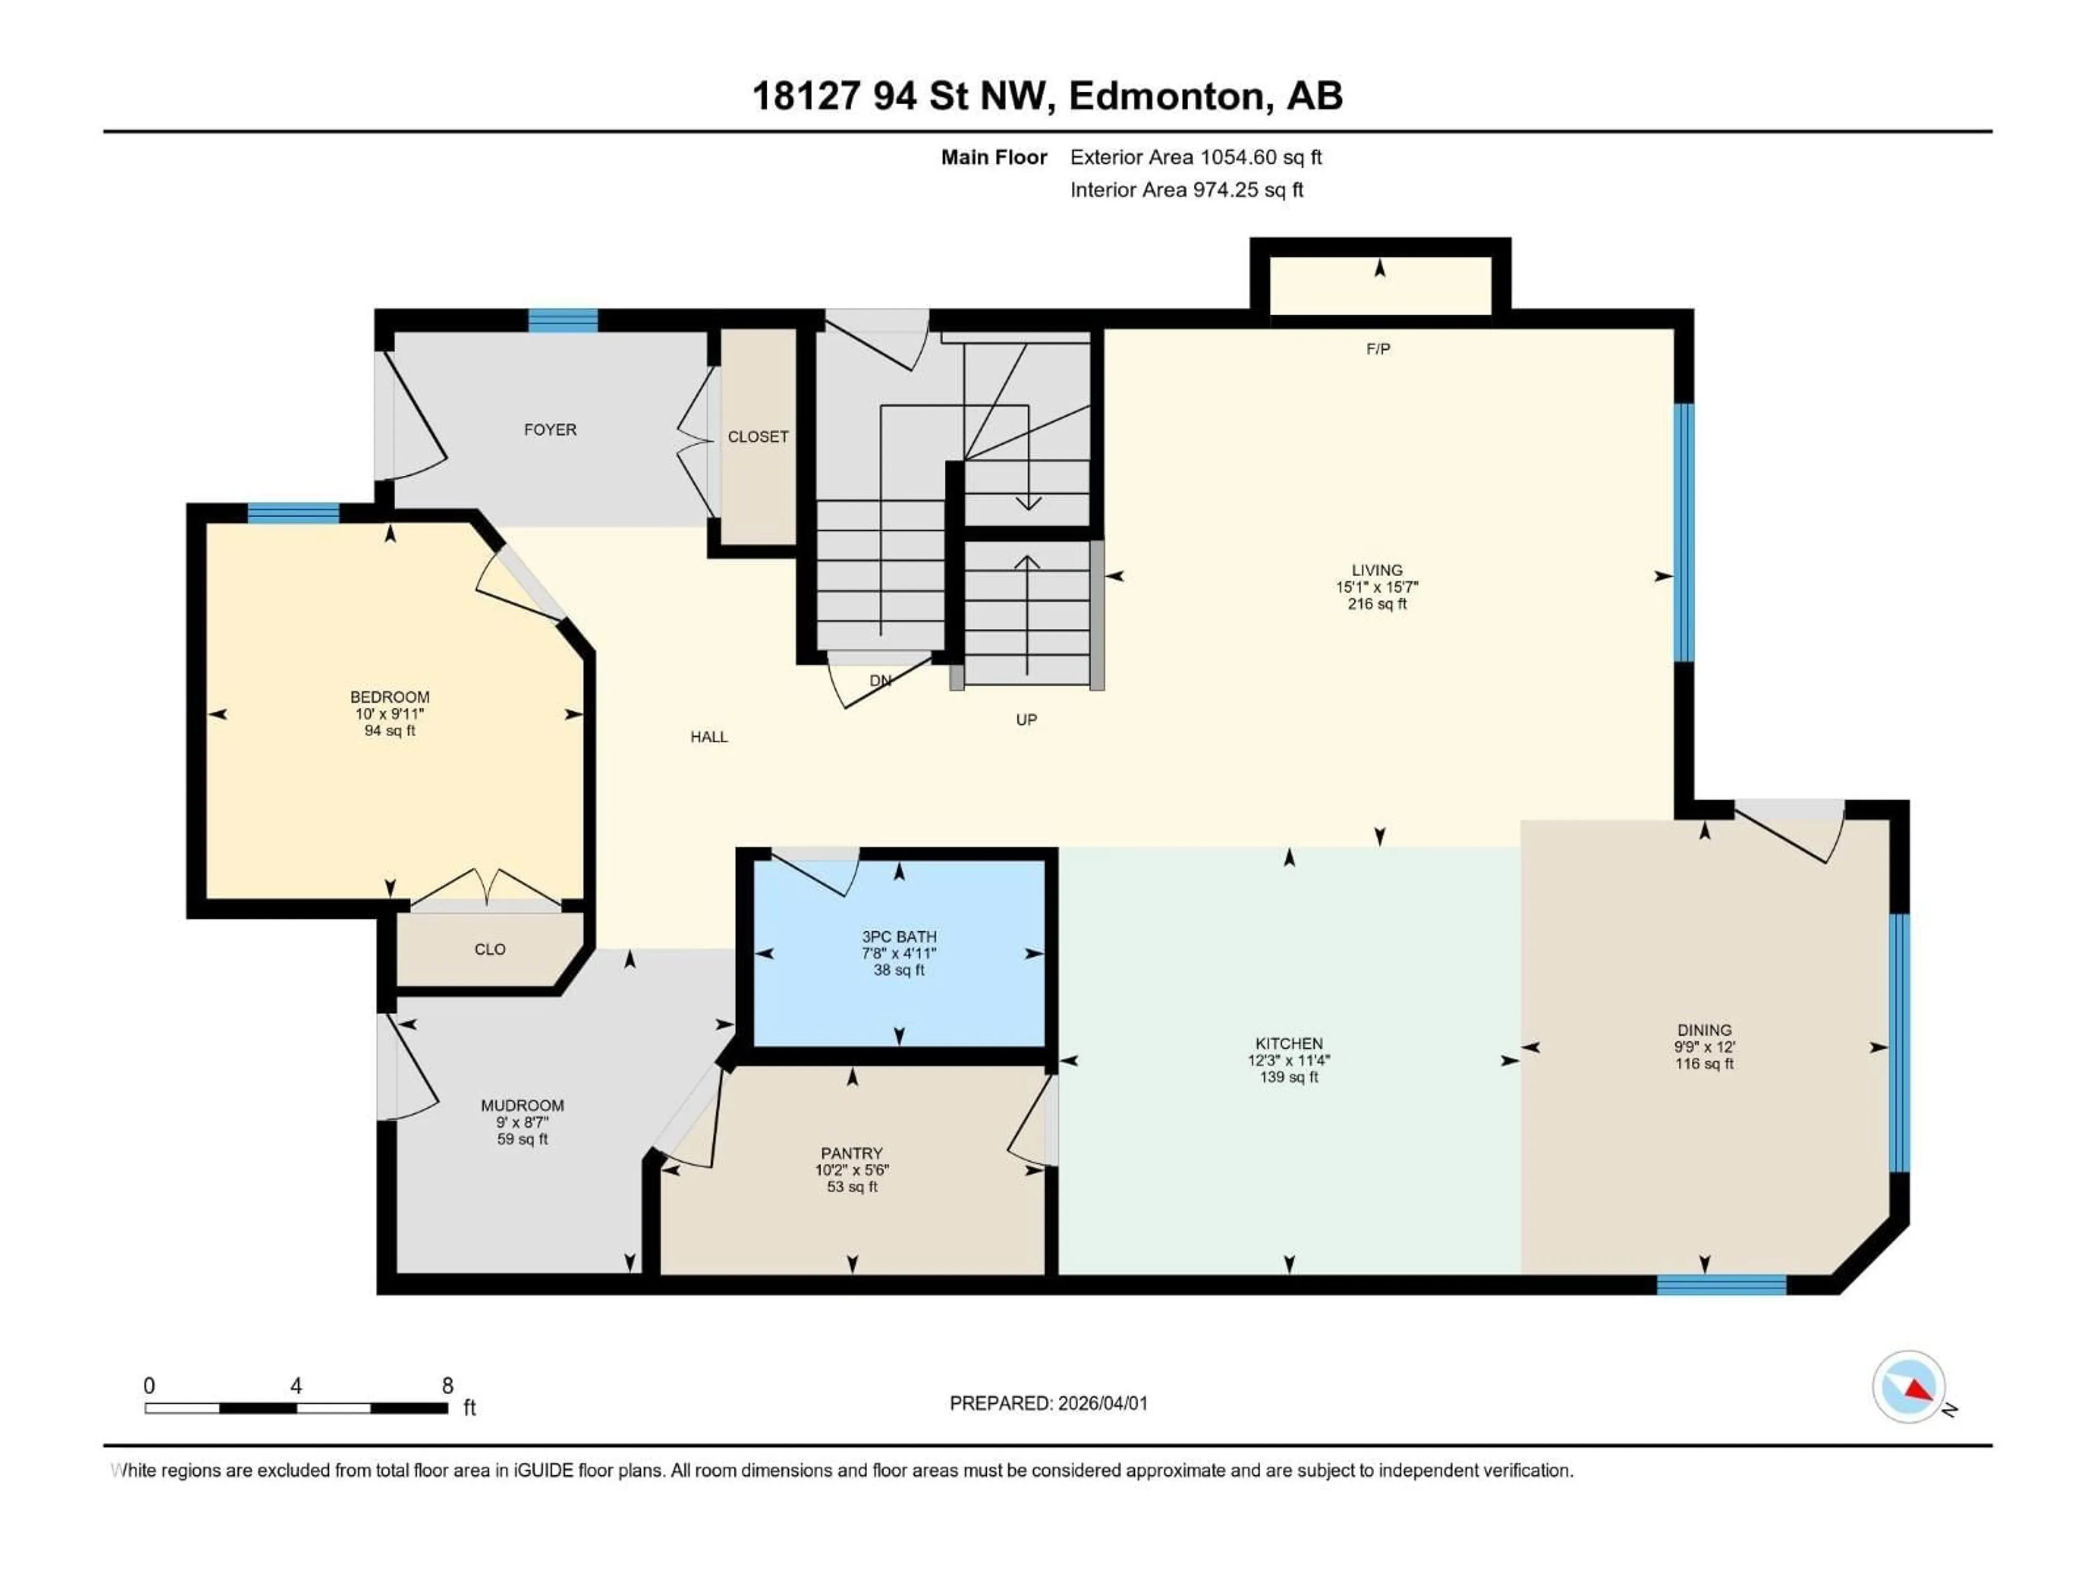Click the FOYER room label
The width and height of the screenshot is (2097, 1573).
point(550,429)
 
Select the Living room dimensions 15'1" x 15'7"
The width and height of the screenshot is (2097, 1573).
point(1377,587)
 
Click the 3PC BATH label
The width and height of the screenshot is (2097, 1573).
point(899,936)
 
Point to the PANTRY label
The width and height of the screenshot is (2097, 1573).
point(851,1153)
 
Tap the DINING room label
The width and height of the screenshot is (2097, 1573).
point(1704,1030)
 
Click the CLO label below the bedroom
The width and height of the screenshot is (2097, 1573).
point(490,949)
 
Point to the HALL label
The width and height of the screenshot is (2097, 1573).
point(709,737)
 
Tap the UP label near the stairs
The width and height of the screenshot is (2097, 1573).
point(1026,720)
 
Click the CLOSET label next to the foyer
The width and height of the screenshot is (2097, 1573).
point(757,436)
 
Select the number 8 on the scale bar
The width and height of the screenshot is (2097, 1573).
point(447,1385)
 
